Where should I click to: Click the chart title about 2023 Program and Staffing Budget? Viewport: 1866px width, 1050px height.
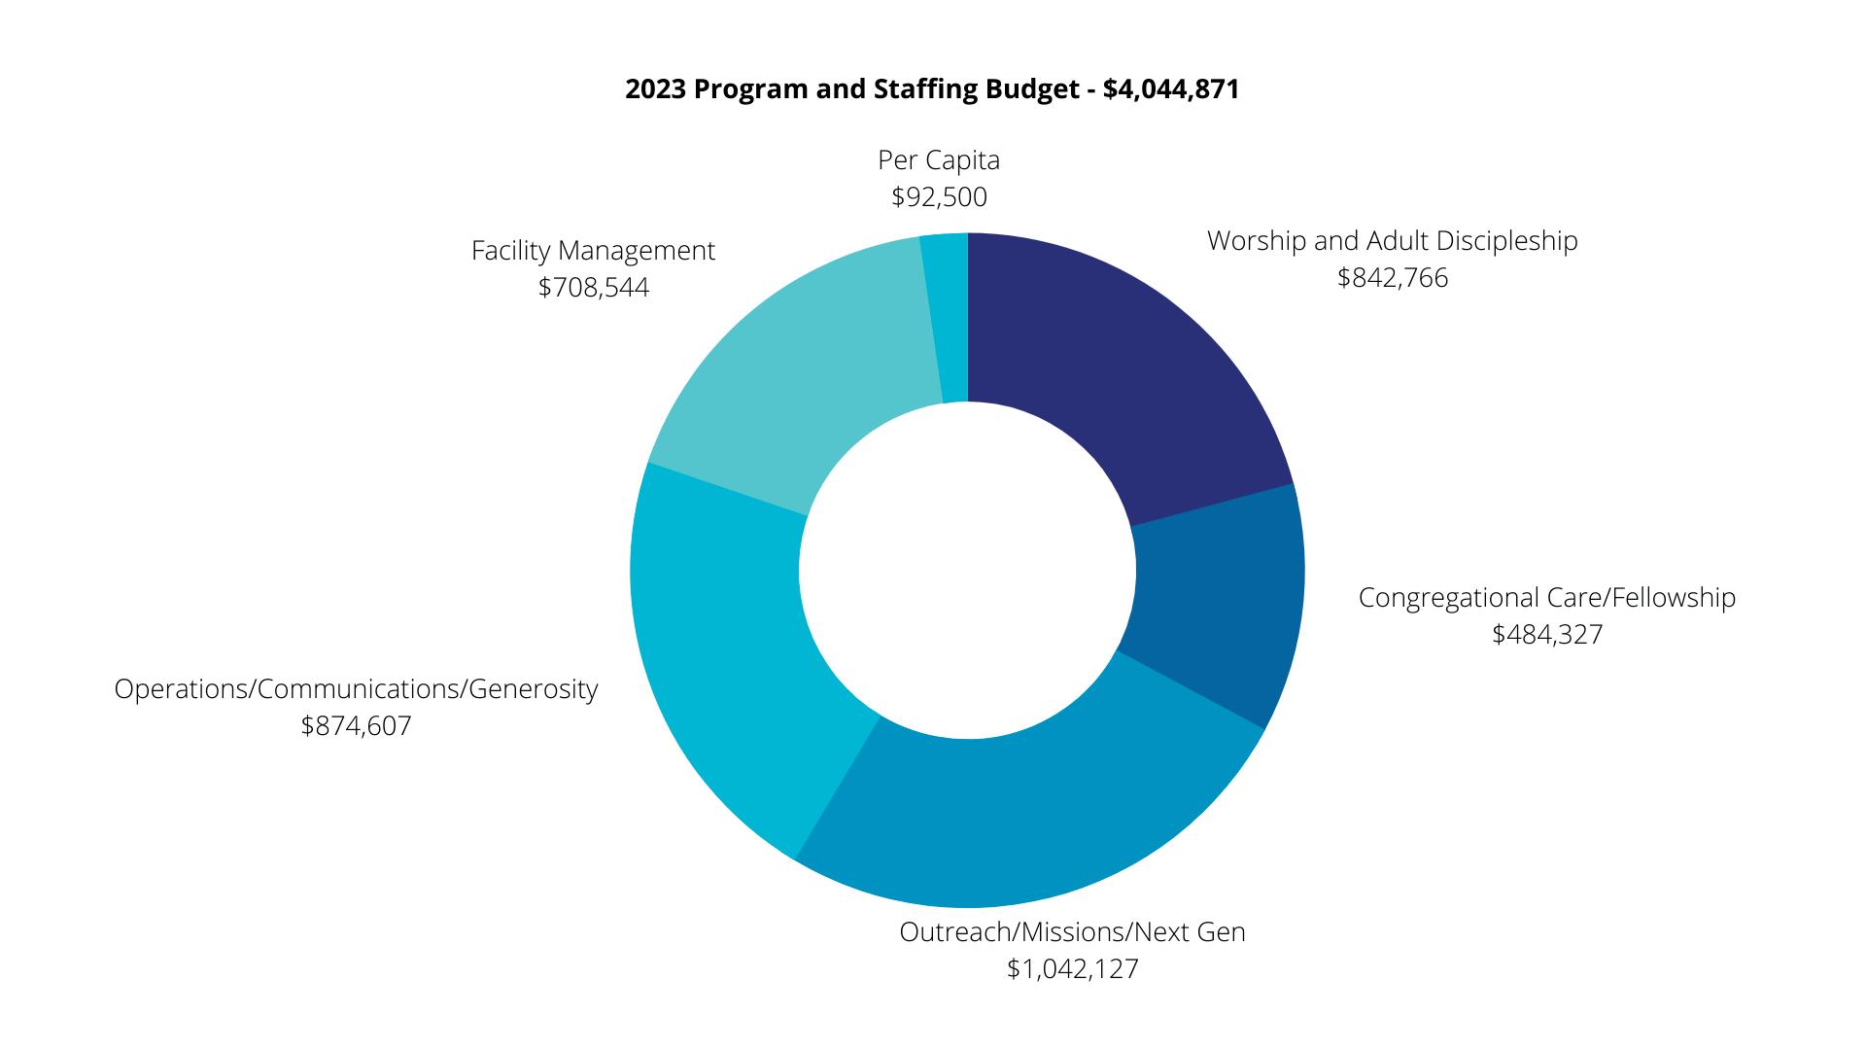pos(932,89)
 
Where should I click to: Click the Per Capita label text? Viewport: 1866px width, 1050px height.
pos(939,160)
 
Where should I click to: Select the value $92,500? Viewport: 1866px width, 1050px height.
pos(939,197)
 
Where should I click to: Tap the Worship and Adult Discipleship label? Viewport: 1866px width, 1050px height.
pos(1393,241)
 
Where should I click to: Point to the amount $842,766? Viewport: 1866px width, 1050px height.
pos(1393,278)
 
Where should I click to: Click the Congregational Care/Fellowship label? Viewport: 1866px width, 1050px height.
pos(1547,598)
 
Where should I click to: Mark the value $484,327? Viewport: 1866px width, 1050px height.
pos(1547,635)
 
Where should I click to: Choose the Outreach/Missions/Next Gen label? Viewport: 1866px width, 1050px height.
pos(1072,932)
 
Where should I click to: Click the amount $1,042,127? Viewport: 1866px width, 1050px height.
pos(1072,969)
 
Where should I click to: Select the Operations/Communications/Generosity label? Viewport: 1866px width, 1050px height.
pos(356,689)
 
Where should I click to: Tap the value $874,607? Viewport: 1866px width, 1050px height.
pos(356,726)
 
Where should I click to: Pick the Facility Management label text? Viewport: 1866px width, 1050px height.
pos(593,251)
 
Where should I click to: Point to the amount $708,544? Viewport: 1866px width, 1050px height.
pos(593,288)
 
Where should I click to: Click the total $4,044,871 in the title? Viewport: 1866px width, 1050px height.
pos(1171,89)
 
